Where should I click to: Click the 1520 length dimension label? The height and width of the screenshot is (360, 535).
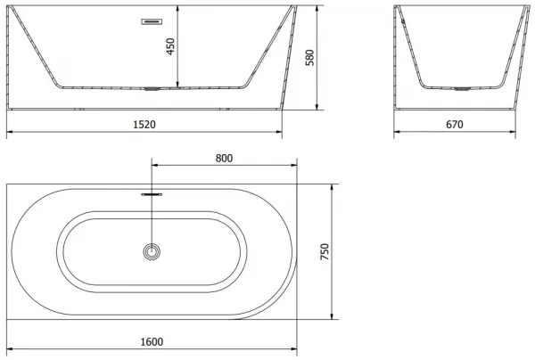[x=144, y=125]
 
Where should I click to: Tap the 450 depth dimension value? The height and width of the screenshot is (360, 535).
[x=170, y=46]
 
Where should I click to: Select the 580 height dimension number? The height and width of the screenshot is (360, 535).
[x=309, y=57]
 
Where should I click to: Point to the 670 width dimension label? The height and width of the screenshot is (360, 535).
[x=455, y=125]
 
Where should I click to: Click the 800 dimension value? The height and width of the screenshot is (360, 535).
[x=224, y=159]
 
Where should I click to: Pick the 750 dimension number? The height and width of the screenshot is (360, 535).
[x=325, y=251]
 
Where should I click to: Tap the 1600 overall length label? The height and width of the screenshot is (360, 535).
[x=152, y=341]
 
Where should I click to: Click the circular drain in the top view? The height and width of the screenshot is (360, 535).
[x=152, y=251]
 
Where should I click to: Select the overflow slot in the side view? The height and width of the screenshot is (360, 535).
[x=152, y=21]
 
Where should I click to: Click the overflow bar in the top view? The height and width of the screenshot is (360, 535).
[x=152, y=194]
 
